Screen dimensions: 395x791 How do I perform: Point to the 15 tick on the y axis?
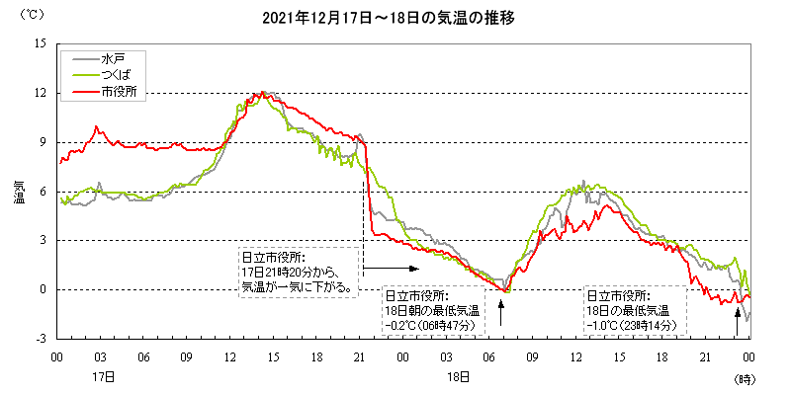(41, 44)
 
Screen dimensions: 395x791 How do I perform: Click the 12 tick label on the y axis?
(41, 93)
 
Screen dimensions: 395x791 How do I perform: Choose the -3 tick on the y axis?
(41, 339)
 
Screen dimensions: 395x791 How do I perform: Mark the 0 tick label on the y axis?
(44, 289)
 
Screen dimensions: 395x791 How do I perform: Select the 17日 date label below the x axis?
(102, 376)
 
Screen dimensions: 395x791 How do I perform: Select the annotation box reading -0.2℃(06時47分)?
(432, 310)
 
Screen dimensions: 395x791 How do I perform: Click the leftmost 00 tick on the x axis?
(56, 356)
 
